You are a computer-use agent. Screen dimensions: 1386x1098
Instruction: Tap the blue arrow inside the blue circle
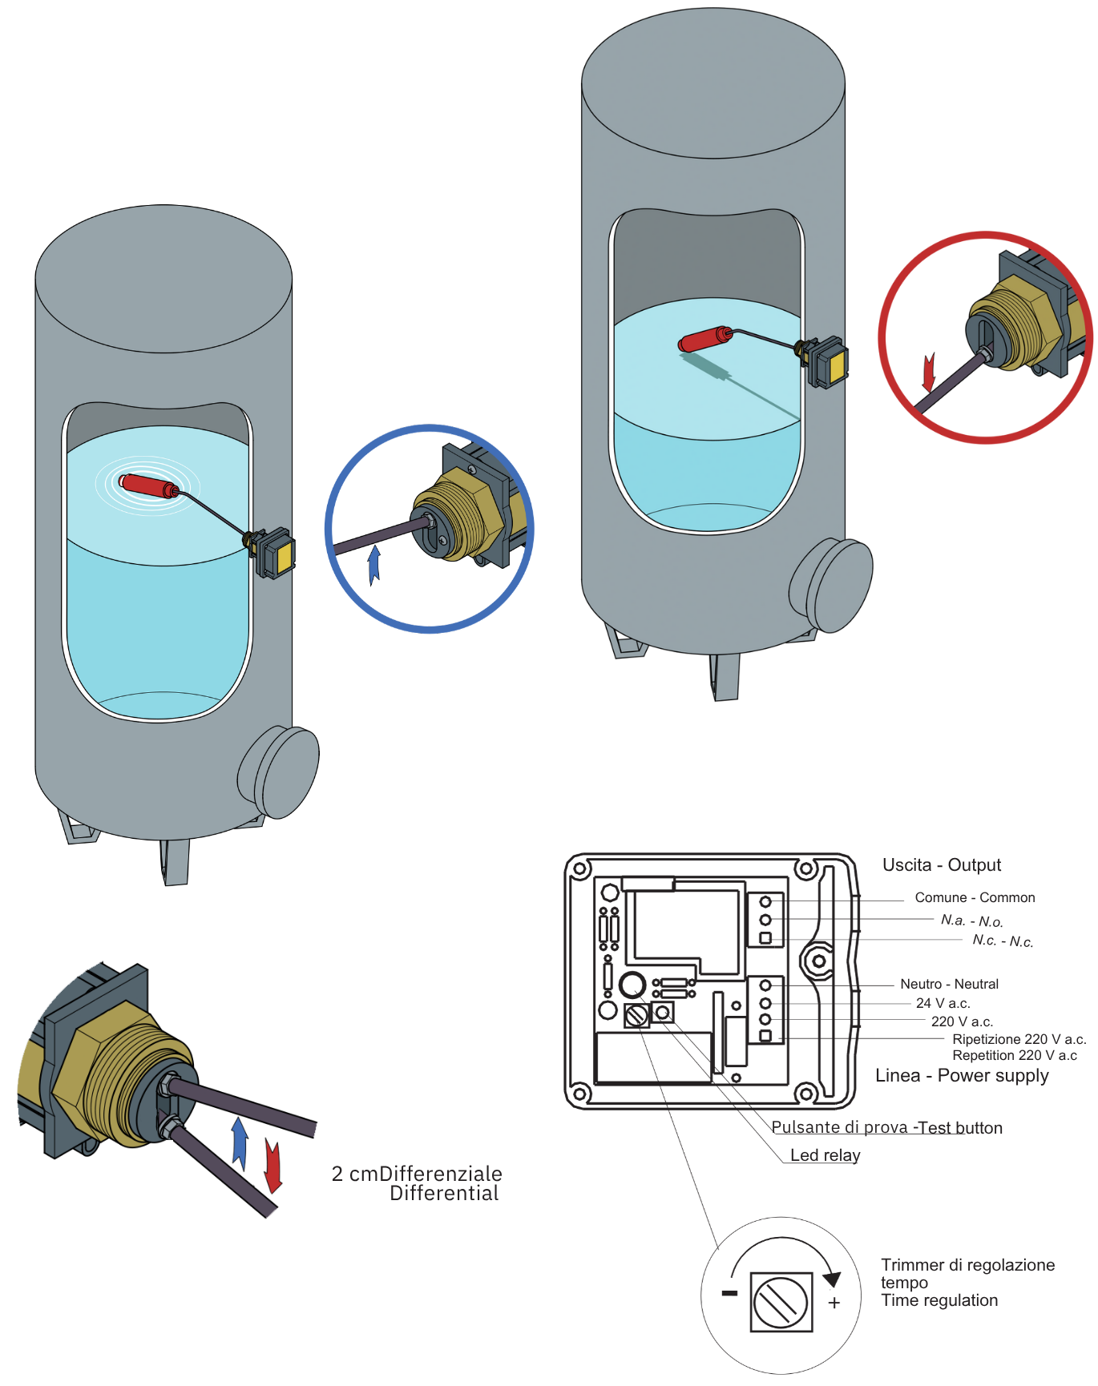click(373, 565)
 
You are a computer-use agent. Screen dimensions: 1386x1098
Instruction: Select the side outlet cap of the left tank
click(280, 772)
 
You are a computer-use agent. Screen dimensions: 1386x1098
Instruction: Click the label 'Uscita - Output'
click(942, 865)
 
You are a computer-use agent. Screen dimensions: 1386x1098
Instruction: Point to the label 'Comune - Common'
click(975, 897)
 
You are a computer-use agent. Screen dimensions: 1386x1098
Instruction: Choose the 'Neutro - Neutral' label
click(949, 984)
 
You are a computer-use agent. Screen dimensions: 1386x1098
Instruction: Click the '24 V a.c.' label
click(943, 1003)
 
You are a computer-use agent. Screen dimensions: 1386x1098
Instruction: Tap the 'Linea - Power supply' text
click(962, 1075)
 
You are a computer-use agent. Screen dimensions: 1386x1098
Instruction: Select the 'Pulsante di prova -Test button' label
click(886, 1127)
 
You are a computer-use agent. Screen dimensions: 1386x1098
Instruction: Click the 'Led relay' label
click(825, 1154)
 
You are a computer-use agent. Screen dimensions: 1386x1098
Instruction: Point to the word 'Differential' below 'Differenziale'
click(444, 1194)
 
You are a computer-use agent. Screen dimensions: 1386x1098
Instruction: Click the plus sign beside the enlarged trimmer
click(834, 1303)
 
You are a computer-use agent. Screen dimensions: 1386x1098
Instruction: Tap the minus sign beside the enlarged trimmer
click(729, 1293)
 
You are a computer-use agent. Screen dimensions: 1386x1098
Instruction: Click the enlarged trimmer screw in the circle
click(781, 1301)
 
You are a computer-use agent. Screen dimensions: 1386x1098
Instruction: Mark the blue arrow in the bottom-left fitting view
click(239, 1143)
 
